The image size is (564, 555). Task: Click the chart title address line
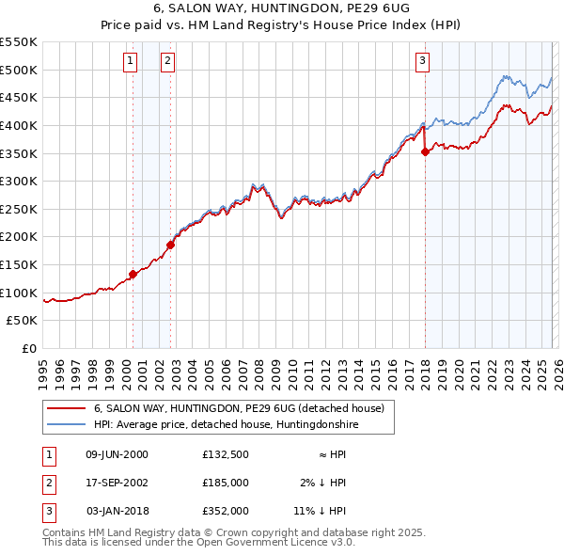[x=281, y=8]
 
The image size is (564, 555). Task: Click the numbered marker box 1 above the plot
[x=129, y=62]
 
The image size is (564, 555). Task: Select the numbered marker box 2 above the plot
[x=167, y=62]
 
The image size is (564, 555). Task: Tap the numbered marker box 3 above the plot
[x=422, y=62]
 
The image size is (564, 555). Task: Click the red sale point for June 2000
[x=133, y=275]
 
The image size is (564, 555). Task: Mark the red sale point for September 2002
[x=170, y=245]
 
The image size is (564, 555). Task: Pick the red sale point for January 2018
[x=425, y=151]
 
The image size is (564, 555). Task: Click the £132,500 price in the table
[x=225, y=454]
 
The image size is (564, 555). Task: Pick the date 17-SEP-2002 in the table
[x=117, y=483]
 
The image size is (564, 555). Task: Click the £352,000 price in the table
[x=225, y=511]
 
